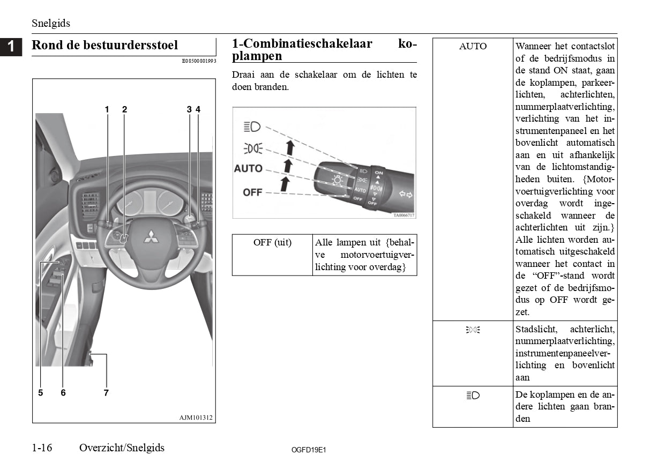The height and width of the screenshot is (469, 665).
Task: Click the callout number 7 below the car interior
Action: (x=106, y=393)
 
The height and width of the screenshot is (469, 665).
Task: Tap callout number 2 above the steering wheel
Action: (x=124, y=109)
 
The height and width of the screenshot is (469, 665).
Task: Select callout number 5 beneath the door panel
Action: (x=41, y=393)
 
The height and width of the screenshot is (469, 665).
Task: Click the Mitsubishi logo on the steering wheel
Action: (x=150, y=236)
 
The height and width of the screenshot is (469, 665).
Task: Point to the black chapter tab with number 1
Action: (x=11, y=47)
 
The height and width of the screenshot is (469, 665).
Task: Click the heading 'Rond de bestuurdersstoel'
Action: (x=105, y=45)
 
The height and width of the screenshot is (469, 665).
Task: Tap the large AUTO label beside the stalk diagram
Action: (x=248, y=168)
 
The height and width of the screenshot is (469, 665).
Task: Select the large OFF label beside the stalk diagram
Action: (x=252, y=192)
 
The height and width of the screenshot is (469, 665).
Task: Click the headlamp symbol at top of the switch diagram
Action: (x=252, y=126)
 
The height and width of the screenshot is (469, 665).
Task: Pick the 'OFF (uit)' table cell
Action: (x=272, y=243)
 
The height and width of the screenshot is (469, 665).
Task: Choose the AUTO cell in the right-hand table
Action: (x=473, y=47)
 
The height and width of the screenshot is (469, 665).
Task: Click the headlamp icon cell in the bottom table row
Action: (x=473, y=396)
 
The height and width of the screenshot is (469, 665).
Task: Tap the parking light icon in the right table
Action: (x=473, y=330)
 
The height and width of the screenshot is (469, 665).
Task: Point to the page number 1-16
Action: (x=42, y=448)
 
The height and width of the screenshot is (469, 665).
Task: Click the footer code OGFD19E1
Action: (x=309, y=450)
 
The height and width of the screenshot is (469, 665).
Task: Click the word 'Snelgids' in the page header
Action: (x=51, y=24)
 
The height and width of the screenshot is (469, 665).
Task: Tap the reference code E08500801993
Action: (x=199, y=61)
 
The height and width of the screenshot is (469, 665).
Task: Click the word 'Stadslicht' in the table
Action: (x=536, y=329)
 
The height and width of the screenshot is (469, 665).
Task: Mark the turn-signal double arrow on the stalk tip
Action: (x=405, y=193)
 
